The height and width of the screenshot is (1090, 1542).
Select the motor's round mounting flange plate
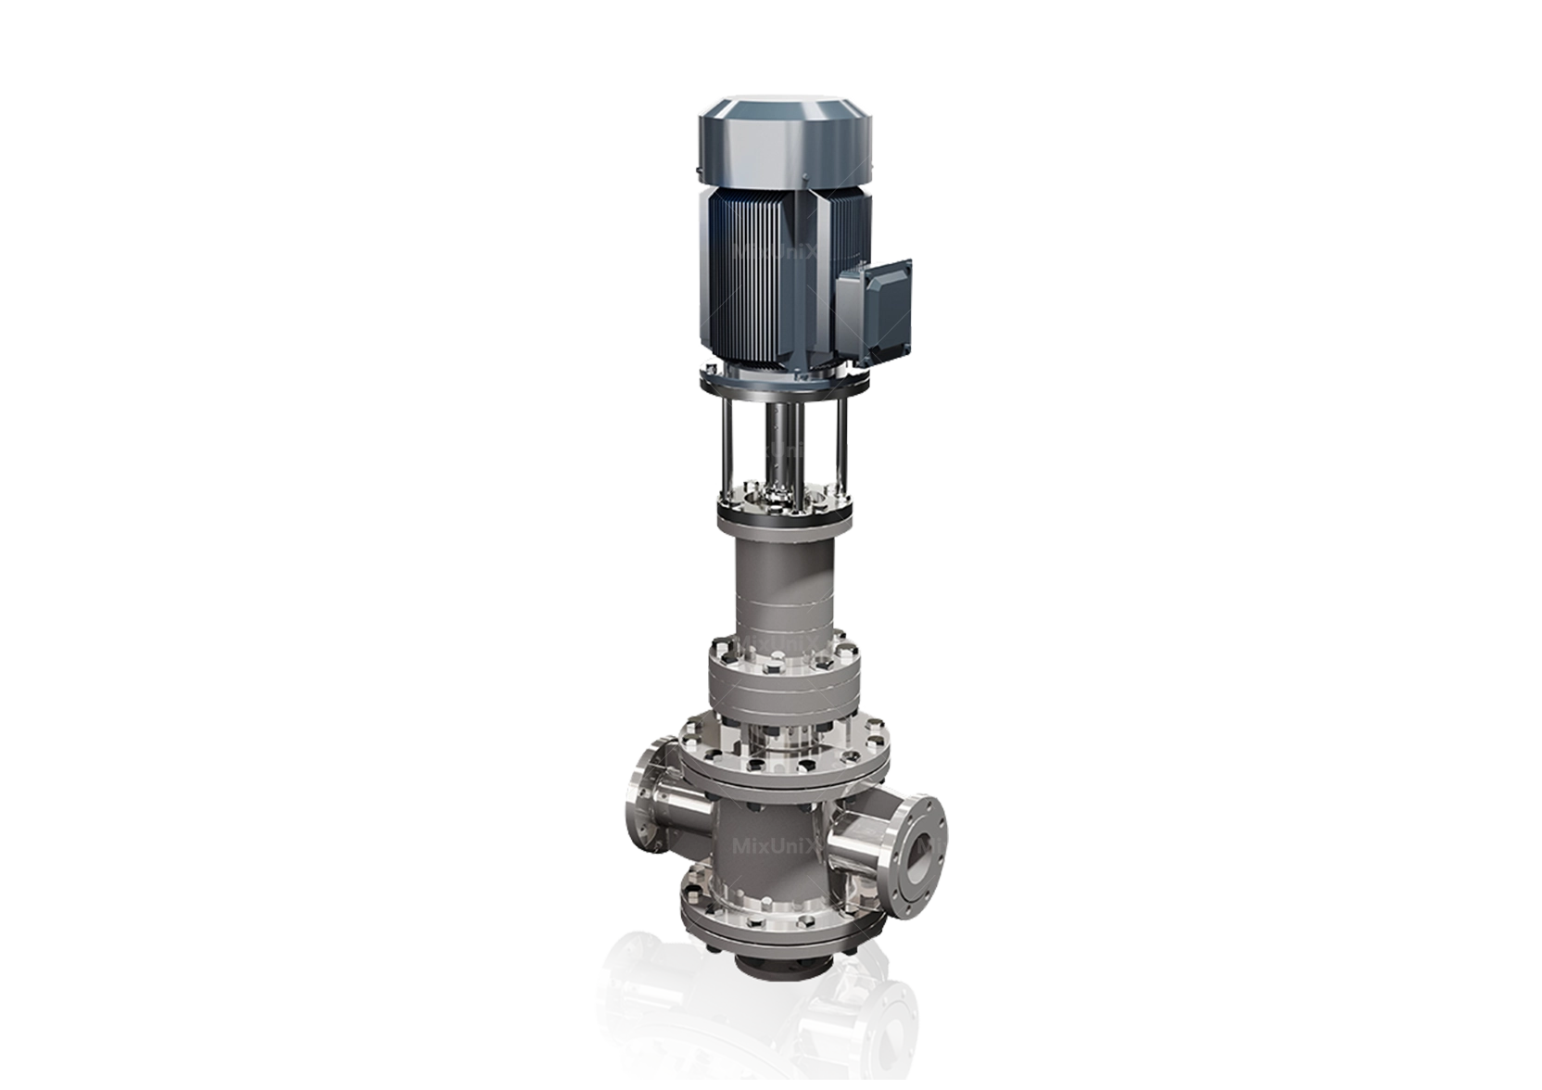(784, 380)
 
